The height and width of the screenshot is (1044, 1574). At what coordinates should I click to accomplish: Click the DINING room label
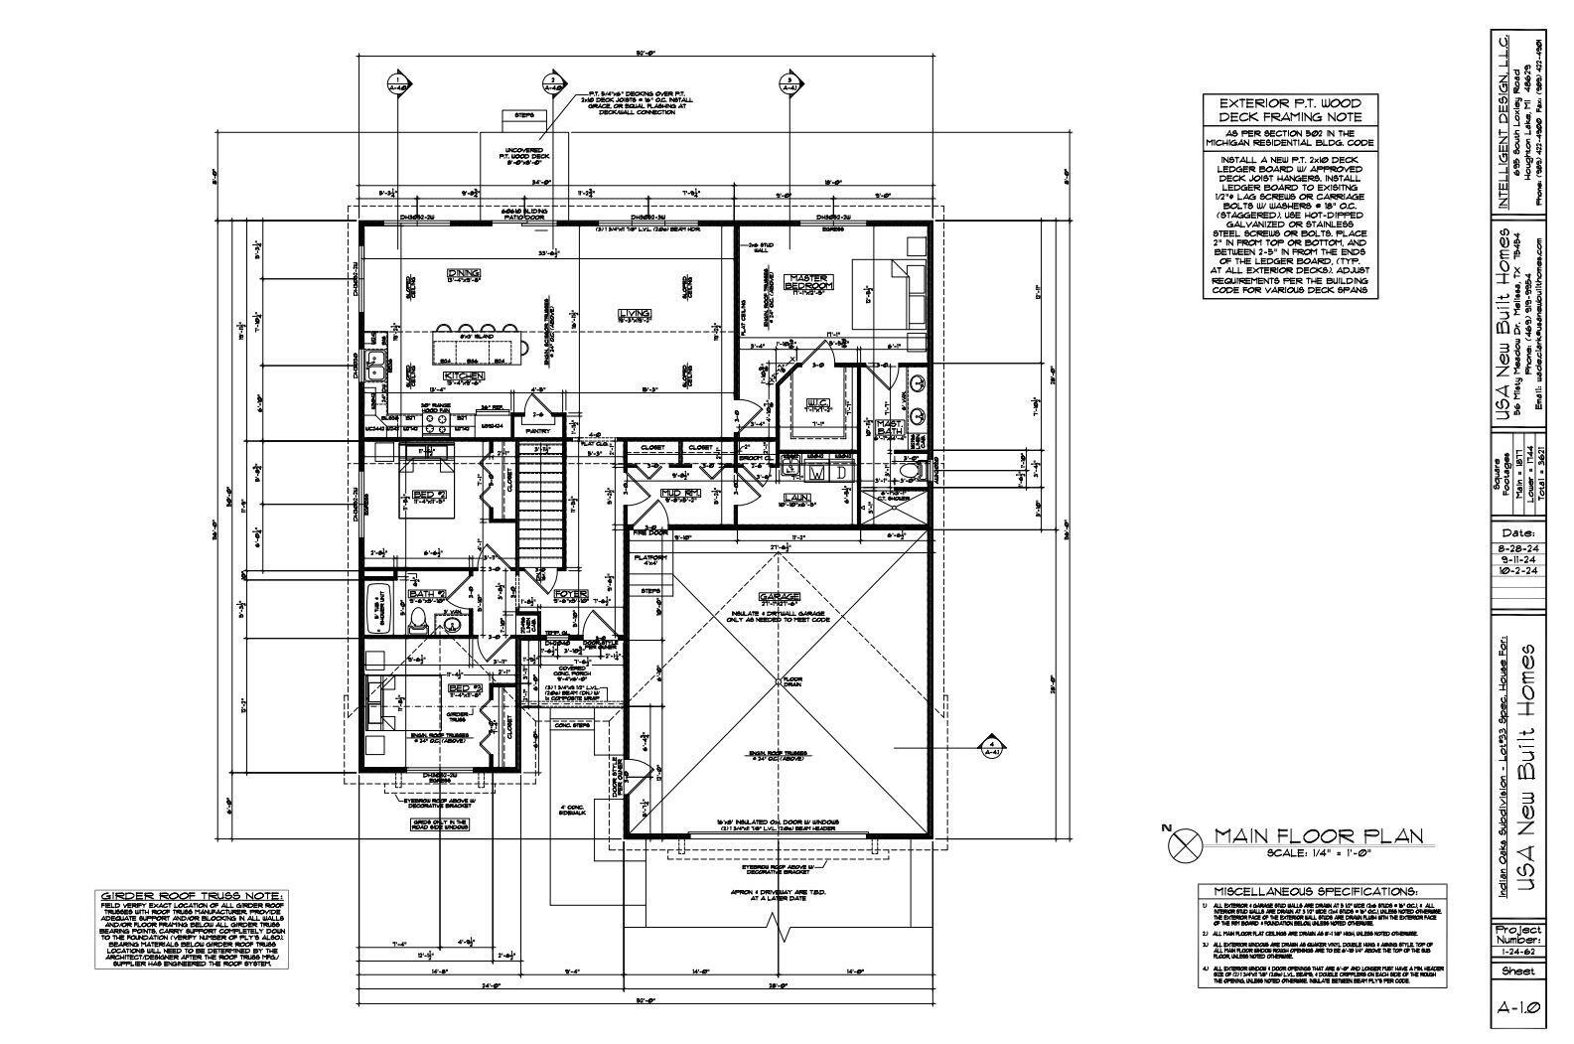464,273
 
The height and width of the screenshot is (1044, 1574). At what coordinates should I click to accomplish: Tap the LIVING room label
634,312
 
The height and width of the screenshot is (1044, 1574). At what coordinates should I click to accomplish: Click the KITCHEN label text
464,376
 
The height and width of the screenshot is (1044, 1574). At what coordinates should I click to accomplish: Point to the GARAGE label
779,596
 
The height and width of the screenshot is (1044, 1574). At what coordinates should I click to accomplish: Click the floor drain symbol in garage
779,680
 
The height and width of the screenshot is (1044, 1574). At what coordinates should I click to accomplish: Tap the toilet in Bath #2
419,621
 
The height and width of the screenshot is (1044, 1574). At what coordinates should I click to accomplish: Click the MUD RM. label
682,493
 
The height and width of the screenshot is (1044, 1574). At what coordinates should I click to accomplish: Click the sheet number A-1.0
1518,1007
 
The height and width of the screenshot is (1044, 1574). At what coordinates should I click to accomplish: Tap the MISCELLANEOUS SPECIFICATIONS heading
1309,891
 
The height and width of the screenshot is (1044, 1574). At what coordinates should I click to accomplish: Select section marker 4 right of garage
990,746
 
